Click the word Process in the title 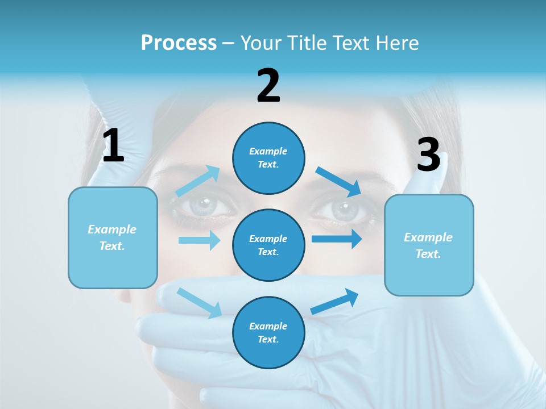[x=179, y=43]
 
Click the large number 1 [x=113, y=146]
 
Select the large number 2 [x=268, y=86]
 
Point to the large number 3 [x=428, y=155]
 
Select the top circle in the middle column [x=268, y=157]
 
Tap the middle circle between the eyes [x=268, y=245]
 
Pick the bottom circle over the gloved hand [x=268, y=332]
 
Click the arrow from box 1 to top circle [x=198, y=181]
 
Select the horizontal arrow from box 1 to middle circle [x=199, y=240]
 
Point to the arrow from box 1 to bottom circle [x=200, y=303]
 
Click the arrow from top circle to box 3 [x=338, y=181]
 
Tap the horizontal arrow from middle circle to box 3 [x=337, y=239]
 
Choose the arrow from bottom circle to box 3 [x=335, y=302]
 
